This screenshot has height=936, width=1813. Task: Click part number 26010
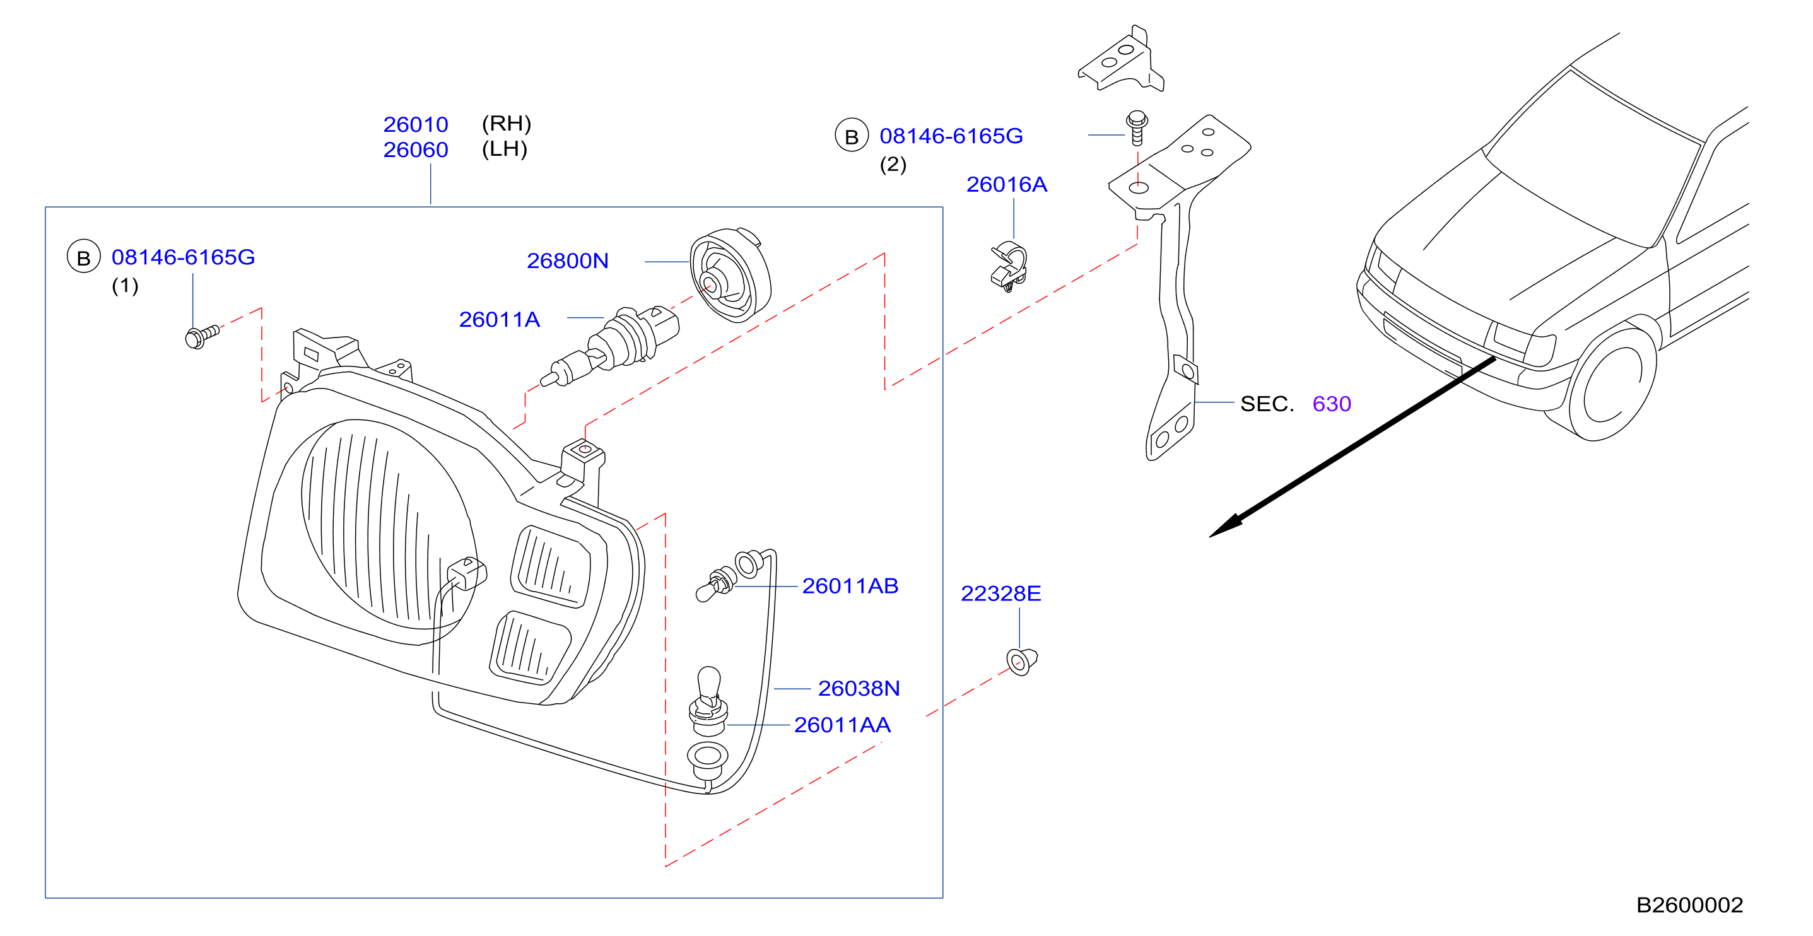click(415, 124)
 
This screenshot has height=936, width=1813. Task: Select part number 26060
click(415, 150)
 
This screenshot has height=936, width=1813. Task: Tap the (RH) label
click(506, 123)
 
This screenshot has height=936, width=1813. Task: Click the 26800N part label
click(567, 261)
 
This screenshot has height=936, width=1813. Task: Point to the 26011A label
click(499, 320)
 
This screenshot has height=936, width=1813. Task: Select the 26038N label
click(859, 688)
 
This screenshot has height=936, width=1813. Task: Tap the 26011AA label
click(842, 725)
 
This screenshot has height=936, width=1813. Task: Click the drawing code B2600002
click(1689, 905)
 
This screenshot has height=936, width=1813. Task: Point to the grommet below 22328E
click(1022, 662)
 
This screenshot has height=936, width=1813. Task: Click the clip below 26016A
click(1010, 267)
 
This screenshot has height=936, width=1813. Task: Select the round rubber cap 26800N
click(730, 275)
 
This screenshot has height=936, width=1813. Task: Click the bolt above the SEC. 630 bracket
click(1137, 127)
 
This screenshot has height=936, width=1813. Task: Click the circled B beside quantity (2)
click(852, 136)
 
